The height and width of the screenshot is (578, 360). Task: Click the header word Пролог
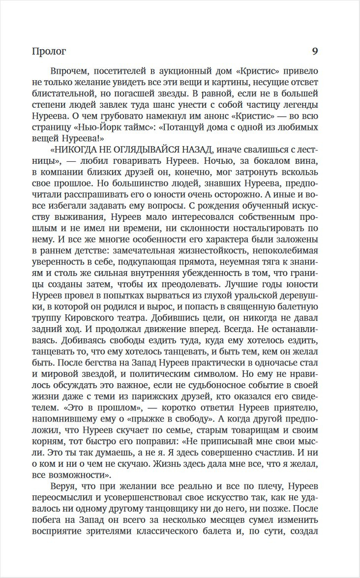point(48,51)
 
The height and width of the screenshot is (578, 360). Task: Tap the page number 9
point(315,51)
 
